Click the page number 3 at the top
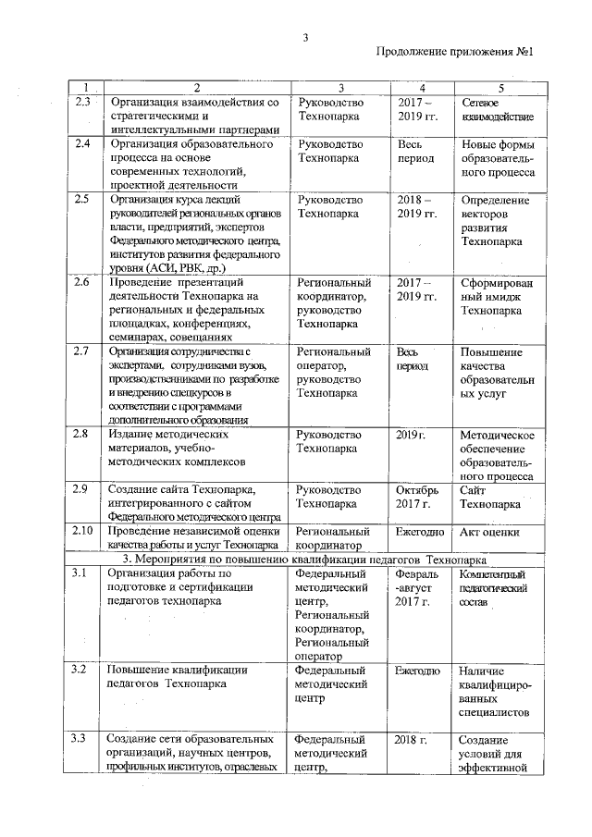click(x=304, y=37)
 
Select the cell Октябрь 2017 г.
click(x=414, y=497)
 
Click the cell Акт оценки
click(x=489, y=532)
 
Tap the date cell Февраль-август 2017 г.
click(x=413, y=589)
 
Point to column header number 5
click(x=499, y=87)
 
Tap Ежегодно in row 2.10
click(x=419, y=532)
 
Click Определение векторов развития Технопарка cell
click(x=497, y=220)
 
